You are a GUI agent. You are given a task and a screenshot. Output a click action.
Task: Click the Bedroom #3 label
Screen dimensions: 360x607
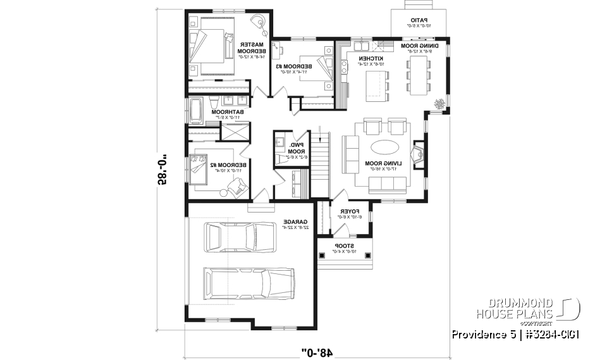(x=293, y=68)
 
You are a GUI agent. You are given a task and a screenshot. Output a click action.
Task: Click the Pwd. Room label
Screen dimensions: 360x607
(x=295, y=150)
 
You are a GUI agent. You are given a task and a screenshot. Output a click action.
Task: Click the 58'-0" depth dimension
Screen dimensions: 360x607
(x=165, y=173)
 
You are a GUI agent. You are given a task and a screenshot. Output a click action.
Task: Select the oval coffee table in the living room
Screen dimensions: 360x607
(x=384, y=147)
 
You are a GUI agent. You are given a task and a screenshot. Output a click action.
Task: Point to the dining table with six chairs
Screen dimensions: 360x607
(x=418, y=75)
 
